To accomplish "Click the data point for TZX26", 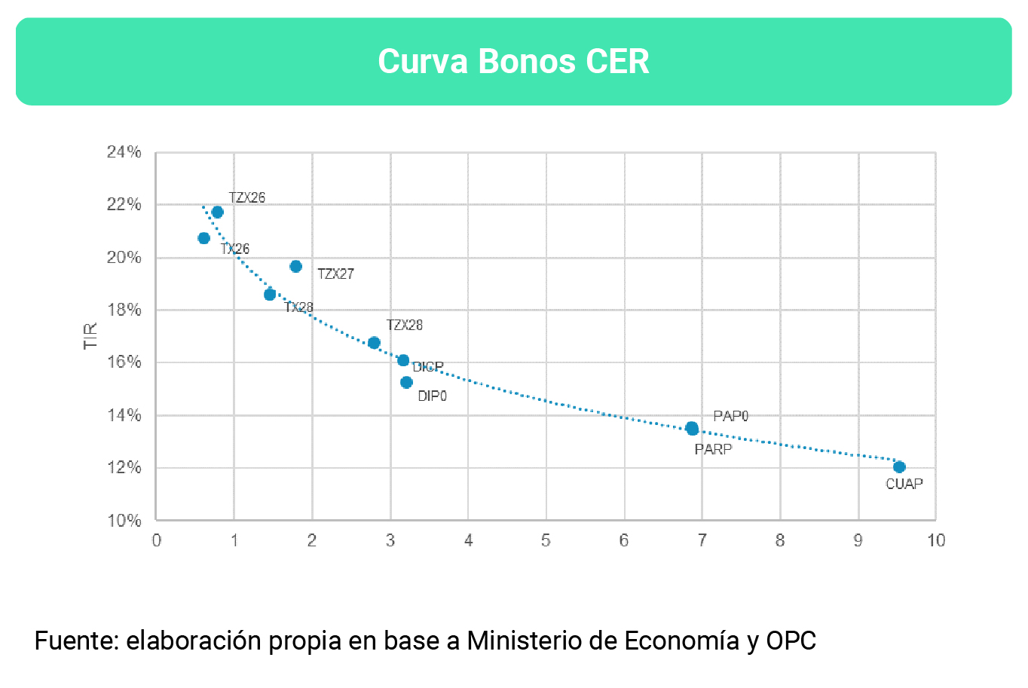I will [218, 212].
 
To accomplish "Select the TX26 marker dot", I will [203, 238].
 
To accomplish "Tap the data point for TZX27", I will [296, 266].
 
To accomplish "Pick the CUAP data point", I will [899, 467].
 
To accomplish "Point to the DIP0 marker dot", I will [406, 382].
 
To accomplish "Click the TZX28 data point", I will [374, 343].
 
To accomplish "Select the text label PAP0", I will [730, 416].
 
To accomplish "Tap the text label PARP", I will [713, 449].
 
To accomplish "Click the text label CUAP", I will [904, 484].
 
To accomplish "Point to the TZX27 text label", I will [335, 274].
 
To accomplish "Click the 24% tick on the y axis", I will [124, 152].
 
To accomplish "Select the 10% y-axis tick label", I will [124, 521].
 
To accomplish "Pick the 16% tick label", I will [124, 362].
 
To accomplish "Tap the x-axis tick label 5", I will [546, 540].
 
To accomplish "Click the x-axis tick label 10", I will [935, 540].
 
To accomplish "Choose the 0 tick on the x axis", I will [156, 540].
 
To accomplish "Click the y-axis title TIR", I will [90, 336].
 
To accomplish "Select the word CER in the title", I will [617, 62].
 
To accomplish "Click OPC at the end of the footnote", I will [791, 641].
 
